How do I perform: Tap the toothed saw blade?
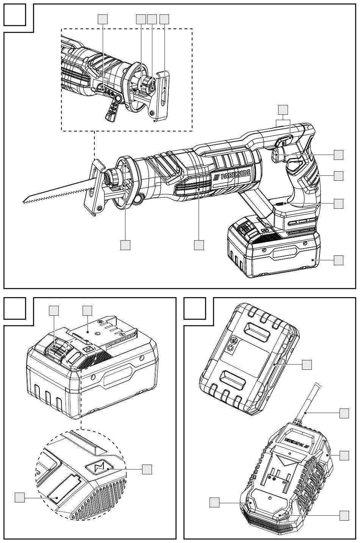[x=57, y=193]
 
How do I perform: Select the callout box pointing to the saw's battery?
[x=338, y=260]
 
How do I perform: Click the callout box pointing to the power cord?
[x=344, y=413]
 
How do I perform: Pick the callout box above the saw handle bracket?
[x=283, y=110]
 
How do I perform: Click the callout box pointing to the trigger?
[x=338, y=154]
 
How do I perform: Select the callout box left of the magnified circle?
[x=20, y=497]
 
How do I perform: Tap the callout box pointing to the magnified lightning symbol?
[x=147, y=469]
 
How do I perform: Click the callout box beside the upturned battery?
[x=307, y=365]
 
